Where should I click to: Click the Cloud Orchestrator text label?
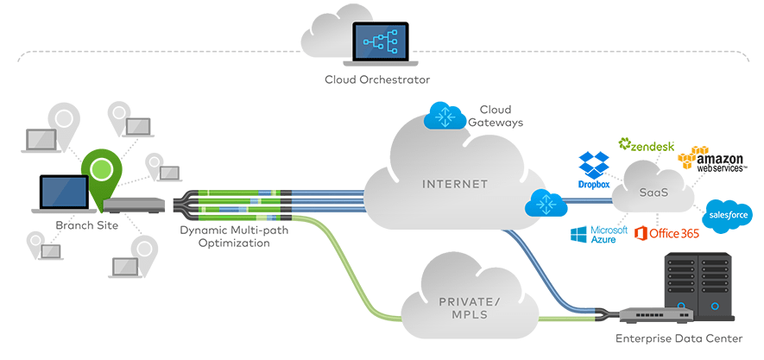coord(377,80)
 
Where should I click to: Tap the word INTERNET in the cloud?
coord(456,184)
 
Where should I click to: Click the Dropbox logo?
coord(594,170)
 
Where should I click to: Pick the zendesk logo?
coord(647,145)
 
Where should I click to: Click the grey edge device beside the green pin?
coord(134,205)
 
